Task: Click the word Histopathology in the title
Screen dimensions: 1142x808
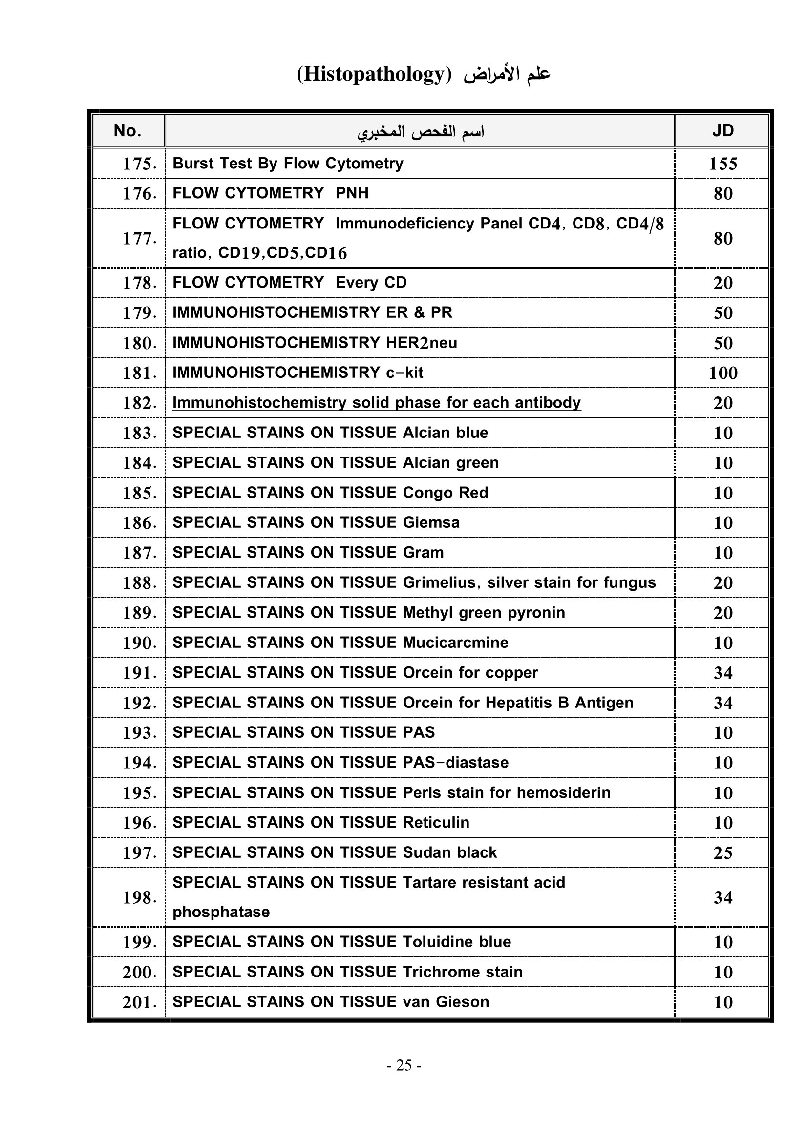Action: pos(374,75)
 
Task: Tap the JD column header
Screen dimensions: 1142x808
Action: pos(723,131)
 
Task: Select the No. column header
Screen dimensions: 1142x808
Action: pos(128,131)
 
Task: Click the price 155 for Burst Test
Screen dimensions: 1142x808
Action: pos(723,164)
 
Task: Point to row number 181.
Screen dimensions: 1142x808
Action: pos(139,373)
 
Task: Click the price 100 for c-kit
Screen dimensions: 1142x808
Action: pos(723,373)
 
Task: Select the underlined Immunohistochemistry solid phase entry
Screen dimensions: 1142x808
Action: pos(376,402)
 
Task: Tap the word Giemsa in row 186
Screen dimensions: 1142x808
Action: pos(431,522)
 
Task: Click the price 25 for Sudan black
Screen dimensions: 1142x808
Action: pos(723,852)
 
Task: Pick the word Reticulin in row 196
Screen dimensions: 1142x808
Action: pos(436,822)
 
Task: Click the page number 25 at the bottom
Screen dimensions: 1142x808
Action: pos(404,1065)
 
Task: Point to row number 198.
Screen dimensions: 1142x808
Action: pos(139,897)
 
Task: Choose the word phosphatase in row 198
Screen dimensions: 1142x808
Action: pos(221,912)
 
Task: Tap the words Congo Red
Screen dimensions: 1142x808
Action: pos(446,493)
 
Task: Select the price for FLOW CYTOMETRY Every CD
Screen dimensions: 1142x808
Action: pos(723,283)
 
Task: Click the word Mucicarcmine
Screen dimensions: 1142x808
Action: pos(455,643)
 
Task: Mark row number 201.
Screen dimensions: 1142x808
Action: pos(139,1002)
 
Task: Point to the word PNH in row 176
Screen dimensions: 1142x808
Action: pos(352,193)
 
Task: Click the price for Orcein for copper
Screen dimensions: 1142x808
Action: pos(723,673)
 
